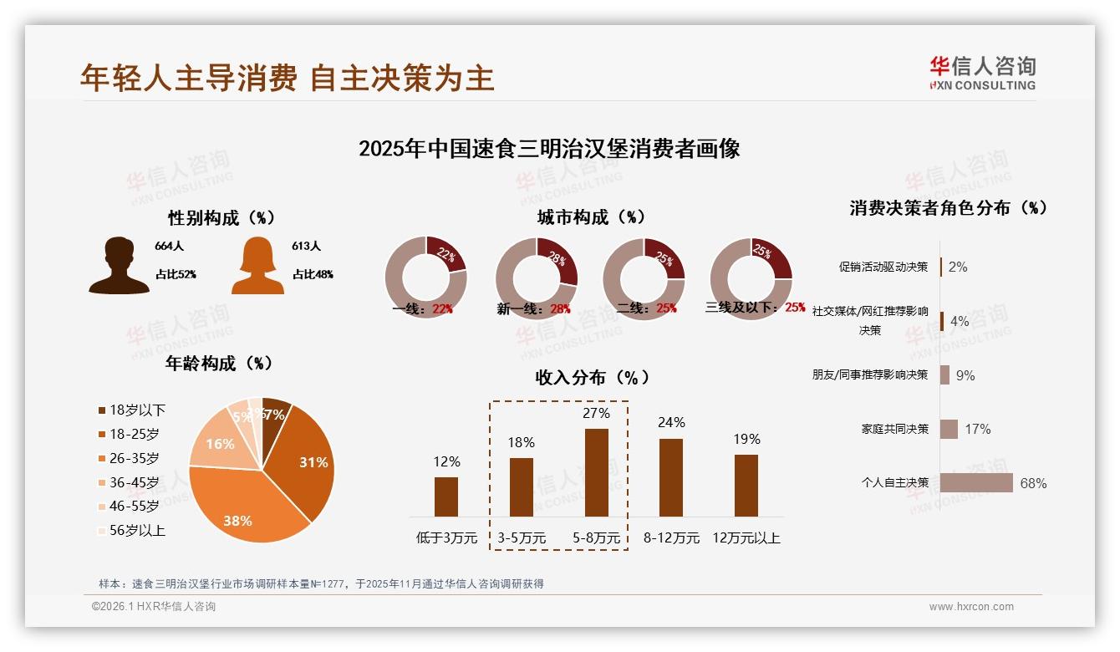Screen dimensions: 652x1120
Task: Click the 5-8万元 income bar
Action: pos(597,472)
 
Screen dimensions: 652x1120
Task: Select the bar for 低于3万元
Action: pos(446,497)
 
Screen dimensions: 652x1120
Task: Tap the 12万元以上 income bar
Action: pos(746,485)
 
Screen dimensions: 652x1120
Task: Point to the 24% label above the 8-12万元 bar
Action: pos(671,423)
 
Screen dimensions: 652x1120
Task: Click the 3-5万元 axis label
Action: pos(522,538)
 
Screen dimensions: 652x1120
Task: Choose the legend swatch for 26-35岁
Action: pos(102,458)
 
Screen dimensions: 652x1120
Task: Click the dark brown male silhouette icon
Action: pos(119,266)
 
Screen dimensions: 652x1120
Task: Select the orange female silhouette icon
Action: pos(257,266)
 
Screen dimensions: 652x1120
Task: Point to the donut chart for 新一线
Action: pos(536,278)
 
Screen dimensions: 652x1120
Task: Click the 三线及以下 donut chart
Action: pos(751,278)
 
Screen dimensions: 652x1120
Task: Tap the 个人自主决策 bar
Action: pos(976,483)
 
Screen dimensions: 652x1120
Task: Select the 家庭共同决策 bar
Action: pos(949,429)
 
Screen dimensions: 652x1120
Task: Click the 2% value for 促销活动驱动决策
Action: pos(958,267)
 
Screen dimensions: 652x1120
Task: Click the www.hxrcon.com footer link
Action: pos(971,607)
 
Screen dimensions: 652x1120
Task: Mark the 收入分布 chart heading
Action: pos(593,377)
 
